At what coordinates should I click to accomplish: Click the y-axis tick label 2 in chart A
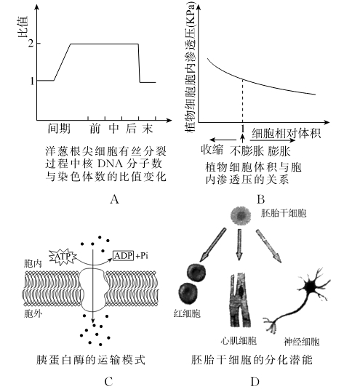31,44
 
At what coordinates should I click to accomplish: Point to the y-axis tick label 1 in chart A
32,81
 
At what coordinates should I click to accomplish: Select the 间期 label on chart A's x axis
59,129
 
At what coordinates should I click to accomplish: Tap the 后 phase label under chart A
131,129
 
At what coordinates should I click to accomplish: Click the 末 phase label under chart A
148,129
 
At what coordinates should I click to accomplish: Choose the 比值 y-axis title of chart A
23,27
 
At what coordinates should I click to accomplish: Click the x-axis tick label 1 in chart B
243,129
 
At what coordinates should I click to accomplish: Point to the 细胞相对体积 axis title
287,133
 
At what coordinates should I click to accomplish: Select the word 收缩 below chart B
212,150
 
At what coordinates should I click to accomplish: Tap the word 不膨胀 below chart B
246,151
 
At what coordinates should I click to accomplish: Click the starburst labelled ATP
63,257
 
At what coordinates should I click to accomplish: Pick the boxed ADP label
124,255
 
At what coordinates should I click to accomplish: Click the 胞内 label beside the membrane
33,264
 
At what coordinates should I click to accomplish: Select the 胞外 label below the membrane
33,314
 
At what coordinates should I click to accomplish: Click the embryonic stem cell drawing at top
241,215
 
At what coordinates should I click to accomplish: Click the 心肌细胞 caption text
239,341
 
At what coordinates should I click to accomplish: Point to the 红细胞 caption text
187,313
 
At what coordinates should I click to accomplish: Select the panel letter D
255,382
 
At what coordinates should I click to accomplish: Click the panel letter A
114,199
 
